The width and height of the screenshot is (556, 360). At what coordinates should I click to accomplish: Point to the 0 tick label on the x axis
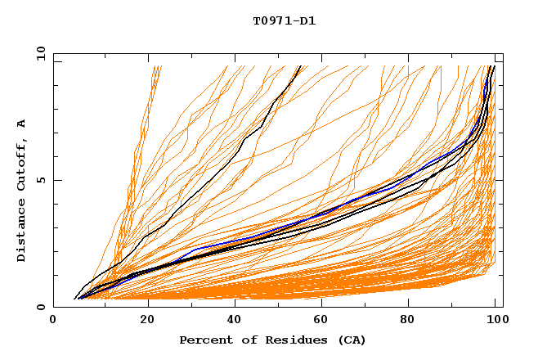point(53,322)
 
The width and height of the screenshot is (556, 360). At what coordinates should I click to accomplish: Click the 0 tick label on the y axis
point(40,308)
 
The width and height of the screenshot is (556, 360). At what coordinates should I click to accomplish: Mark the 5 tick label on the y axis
point(40,181)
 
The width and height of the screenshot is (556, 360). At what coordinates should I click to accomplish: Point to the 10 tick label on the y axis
point(40,55)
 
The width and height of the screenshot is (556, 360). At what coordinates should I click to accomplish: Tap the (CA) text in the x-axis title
point(352,340)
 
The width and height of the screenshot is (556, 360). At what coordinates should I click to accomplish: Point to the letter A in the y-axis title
point(21,124)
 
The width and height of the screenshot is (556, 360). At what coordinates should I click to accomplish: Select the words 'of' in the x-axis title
point(242,340)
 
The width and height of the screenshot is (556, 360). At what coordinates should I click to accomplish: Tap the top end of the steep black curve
point(300,65)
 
